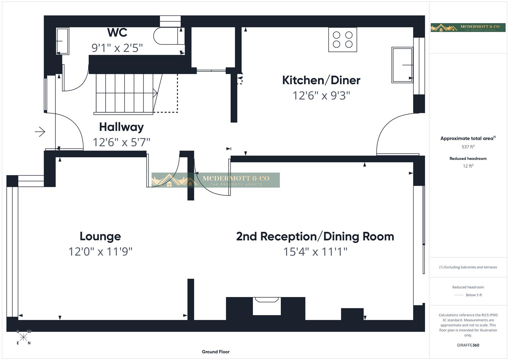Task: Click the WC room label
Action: (x=117, y=33)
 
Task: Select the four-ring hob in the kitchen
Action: (x=342, y=40)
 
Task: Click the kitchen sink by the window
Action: (x=402, y=65)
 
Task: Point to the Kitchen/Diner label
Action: (x=321, y=80)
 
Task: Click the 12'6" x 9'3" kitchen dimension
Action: (x=321, y=96)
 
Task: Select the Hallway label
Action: (x=121, y=127)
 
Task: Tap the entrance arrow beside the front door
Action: (x=40, y=132)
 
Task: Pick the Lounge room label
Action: (x=100, y=236)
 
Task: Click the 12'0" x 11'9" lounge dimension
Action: (x=100, y=252)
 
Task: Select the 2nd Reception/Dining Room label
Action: (x=315, y=236)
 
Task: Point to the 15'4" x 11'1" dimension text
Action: (x=315, y=252)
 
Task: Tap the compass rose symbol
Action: (x=23, y=337)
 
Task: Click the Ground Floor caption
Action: (x=216, y=352)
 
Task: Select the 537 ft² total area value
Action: (x=468, y=147)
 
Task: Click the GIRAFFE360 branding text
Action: (x=468, y=345)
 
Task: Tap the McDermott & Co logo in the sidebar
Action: (x=468, y=27)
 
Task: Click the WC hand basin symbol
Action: (x=62, y=41)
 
